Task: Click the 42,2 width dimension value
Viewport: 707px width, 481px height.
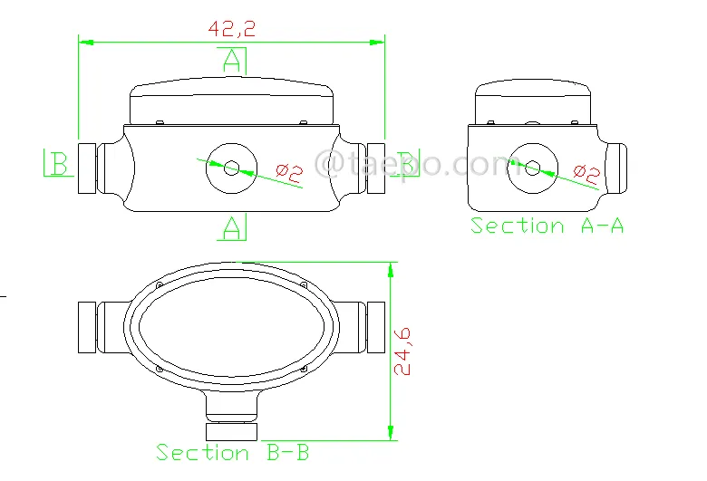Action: coord(231,29)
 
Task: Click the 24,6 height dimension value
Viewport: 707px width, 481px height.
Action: coord(402,351)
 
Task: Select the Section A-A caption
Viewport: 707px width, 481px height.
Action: coord(547,226)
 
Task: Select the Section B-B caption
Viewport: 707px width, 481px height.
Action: coord(232,452)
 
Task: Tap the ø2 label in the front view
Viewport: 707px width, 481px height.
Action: coord(289,173)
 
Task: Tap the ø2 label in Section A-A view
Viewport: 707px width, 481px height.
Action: coord(586,174)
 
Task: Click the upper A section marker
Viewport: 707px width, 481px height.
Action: coord(232,61)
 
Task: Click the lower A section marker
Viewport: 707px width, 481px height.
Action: coord(232,227)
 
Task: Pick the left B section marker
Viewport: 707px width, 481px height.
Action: coord(59,163)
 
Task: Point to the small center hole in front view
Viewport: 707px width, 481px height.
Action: coord(231,168)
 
